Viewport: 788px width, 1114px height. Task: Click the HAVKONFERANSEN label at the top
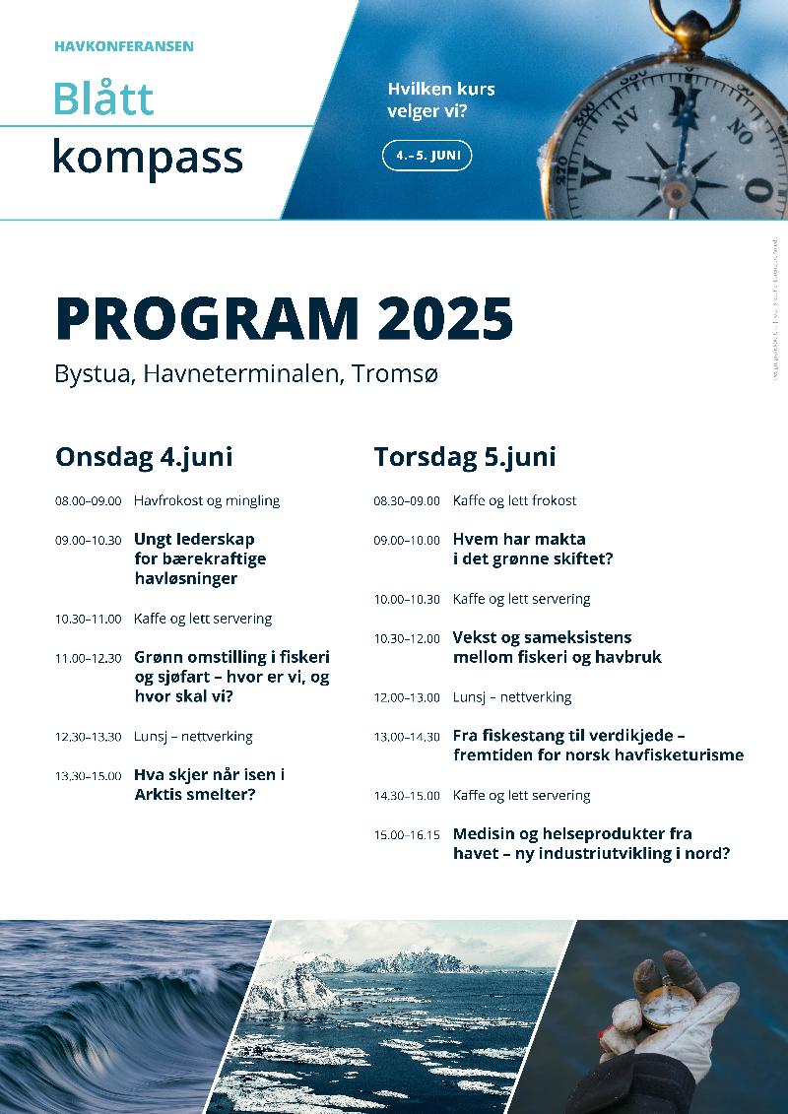pyautogui.click(x=124, y=45)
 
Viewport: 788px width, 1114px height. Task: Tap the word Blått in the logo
pyautogui.click(x=103, y=99)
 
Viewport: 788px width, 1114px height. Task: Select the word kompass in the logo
pyautogui.click(x=148, y=157)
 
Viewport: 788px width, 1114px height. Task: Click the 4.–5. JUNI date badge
pyautogui.click(x=427, y=156)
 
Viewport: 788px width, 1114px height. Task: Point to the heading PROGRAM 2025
pyautogui.click(x=284, y=318)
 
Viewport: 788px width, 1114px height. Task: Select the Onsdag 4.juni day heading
pyautogui.click(x=144, y=457)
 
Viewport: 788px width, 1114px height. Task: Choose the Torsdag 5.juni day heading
pyautogui.click(x=465, y=457)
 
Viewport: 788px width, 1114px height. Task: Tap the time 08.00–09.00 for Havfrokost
pyautogui.click(x=89, y=500)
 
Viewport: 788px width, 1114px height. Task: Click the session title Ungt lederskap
pyautogui.click(x=194, y=540)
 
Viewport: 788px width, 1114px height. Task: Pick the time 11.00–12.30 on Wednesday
pyautogui.click(x=89, y=658)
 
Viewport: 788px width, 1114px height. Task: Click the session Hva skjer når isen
pyautogui.click(x=210, y=775)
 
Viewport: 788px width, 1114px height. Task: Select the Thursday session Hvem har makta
pyautogui.click(x=519, y=540)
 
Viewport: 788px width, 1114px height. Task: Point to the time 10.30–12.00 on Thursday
pyautogui.click(x=407, y=638)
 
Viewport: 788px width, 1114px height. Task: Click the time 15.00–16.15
pyautogui.click(x=407, y=835)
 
